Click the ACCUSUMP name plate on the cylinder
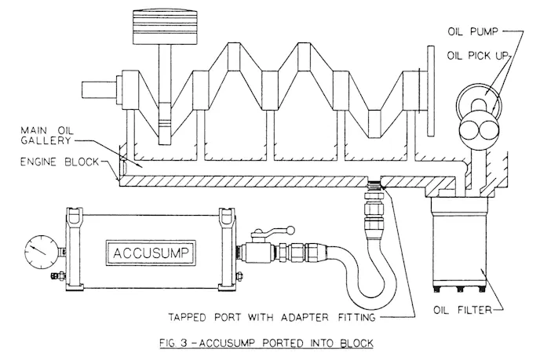(151, 253)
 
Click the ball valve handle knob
(291, 230)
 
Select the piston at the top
(165, 27)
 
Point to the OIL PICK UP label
(478, 56)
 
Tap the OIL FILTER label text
(462, 310)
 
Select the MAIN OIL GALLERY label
(47, 135)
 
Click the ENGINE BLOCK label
(60, 162)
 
